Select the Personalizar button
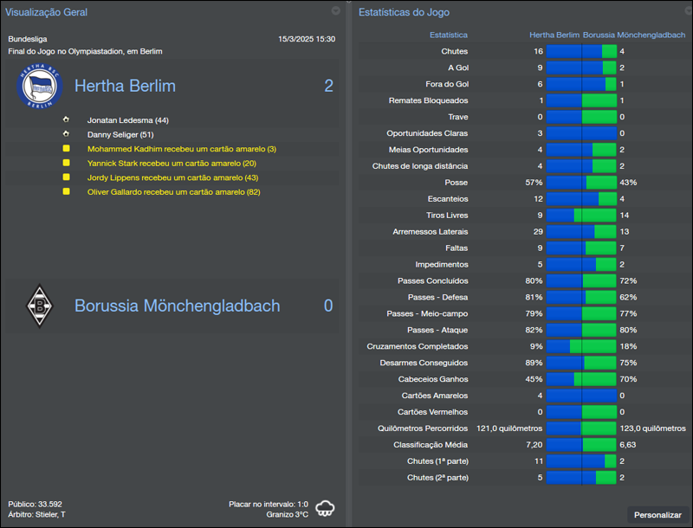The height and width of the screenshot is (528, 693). [x=657, y=515]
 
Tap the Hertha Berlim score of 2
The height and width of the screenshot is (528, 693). [x=328, y=86]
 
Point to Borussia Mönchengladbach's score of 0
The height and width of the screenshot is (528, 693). [x=328, y=306]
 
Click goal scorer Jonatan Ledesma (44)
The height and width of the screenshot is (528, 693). [x=127, y=120]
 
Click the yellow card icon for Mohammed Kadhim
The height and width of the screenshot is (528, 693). [x=66, y=149]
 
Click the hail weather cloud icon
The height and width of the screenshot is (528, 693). [x=326, y=508]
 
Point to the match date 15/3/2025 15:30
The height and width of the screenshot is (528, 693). [x=307, y=39]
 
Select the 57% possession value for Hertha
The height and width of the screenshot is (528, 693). [x=534, y=183]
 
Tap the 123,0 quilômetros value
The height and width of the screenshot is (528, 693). [x=651, y=428]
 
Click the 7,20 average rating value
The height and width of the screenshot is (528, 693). [x=533, y=445]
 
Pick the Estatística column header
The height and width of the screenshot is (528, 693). [x=449, y=35]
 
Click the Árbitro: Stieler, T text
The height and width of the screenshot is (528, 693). [x=36, y=515]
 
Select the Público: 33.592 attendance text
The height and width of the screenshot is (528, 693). [x=35, y=504]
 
